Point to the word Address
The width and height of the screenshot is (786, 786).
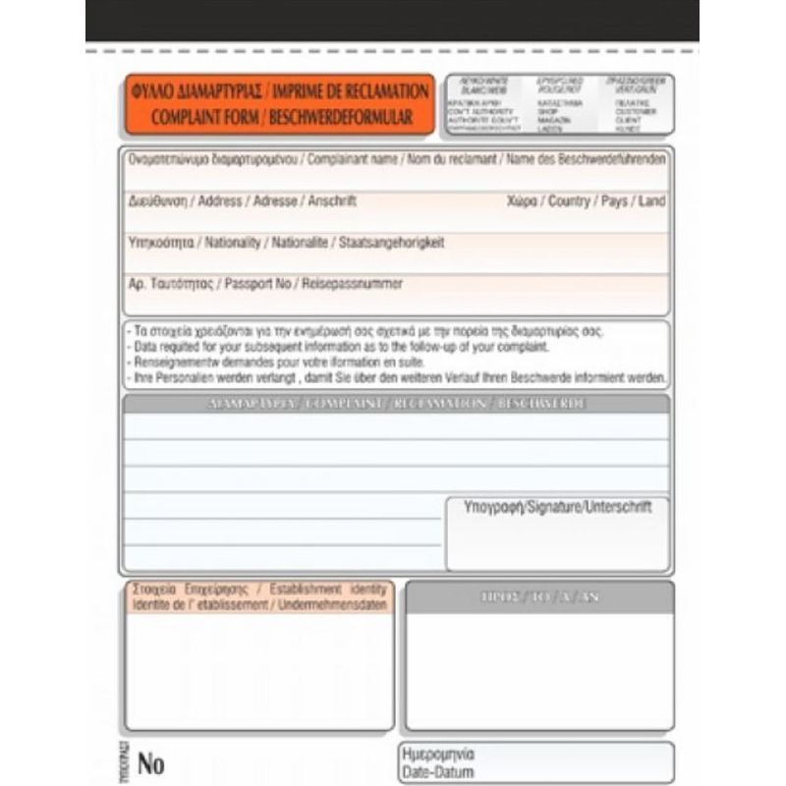(219, 200)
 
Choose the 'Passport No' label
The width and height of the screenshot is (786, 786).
(258, 283)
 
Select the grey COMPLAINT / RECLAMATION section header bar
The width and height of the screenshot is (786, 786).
(396, 404)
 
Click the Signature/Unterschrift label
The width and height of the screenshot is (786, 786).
(557, 508)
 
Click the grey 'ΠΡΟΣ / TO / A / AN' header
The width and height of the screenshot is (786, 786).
(539, 596)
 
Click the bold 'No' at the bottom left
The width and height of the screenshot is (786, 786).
(151, 762)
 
